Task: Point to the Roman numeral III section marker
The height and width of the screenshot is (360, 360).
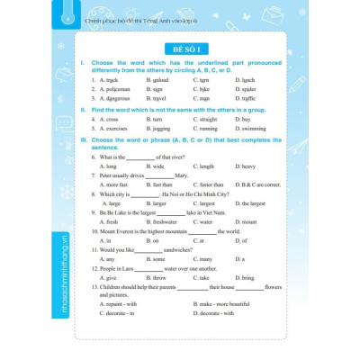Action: pos(82,140)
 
